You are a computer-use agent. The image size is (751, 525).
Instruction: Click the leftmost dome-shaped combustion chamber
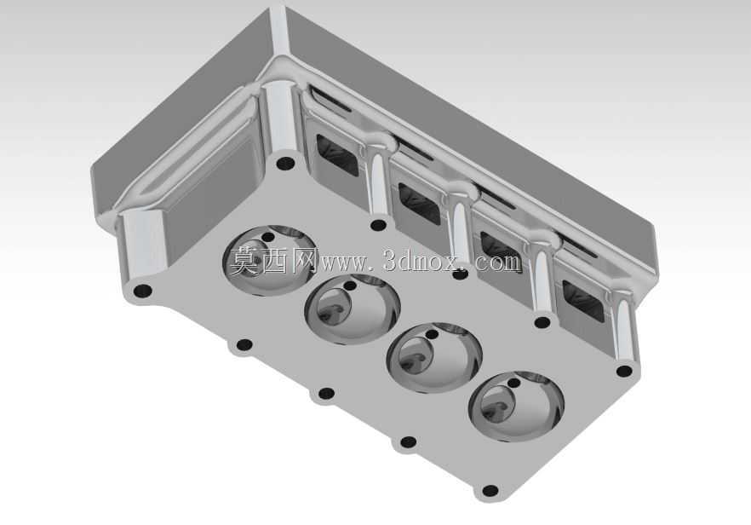coord(270,260)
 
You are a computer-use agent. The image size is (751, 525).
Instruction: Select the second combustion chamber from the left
coord(352,309)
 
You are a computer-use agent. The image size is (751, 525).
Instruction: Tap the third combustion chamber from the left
coord(434,358)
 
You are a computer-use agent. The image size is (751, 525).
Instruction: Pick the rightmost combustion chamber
coord(516,406)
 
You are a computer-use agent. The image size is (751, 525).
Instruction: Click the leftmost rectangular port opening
coord(336,154)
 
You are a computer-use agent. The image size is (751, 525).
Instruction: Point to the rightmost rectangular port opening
coord(583,301)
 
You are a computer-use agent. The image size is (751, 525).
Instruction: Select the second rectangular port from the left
coord(419,204)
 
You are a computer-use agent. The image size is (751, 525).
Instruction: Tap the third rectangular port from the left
coord(501,252)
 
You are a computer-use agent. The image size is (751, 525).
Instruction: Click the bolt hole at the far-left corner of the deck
coord(142,291)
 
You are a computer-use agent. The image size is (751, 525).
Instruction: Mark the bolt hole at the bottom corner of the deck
coord(490,491)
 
